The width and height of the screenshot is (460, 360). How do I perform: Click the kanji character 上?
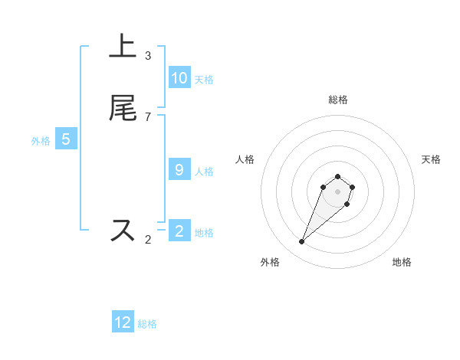[x=123, y=47]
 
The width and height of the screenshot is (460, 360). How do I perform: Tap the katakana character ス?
[x=123, y=231]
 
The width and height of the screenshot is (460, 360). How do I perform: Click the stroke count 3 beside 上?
[x=148, y=56]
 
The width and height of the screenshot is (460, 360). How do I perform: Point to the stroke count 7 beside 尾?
[x=148, y=116]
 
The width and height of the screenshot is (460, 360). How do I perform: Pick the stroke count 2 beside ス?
[x=148, y=239]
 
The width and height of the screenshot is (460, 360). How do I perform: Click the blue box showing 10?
[x=179, y=78]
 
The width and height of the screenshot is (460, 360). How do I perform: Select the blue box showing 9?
[x=179, y=170]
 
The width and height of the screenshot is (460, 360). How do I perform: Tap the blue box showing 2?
[x=179, y=231]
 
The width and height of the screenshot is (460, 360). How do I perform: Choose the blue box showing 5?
[x=66, y=139]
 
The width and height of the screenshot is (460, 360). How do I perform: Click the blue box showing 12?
[x=123, y=322]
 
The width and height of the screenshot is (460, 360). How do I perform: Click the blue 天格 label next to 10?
[x=204, y=80]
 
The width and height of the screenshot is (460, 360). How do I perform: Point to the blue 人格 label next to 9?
[x=204, y=172]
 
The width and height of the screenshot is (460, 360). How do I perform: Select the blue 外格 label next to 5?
[x=41, y=141]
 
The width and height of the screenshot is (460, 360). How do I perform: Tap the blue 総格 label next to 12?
[x=147, y=324]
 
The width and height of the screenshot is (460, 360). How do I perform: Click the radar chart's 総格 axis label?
[x=338, y=100]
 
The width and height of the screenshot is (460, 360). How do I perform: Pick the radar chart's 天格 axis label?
[x=431, y=159]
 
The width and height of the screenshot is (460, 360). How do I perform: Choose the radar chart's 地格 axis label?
[x=402, y=262]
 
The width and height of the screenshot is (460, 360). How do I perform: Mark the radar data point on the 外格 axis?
[x=302, y=242]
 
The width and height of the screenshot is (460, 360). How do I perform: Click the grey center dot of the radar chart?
[x=337, y=191]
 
